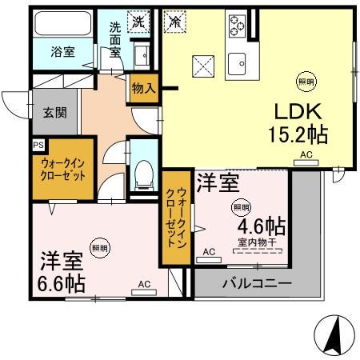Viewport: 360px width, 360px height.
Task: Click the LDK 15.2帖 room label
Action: [x=298, y=123]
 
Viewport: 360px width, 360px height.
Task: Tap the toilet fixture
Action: [x=144, y=175]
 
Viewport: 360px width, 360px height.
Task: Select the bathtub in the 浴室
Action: [x=63, y=23]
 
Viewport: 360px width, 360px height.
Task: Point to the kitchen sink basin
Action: [x=237, y=64]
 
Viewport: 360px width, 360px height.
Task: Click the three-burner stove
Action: [x=237, y=26]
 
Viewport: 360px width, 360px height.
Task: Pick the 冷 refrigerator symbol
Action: [x=175, y=21]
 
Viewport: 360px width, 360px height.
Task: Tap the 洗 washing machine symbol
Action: [x=138, y=22]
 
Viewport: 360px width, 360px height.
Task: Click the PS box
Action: [x=38, y=145]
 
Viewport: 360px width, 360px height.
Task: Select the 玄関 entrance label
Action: [x=54, y=113]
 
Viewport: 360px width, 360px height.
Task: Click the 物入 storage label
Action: [x=144, y=88]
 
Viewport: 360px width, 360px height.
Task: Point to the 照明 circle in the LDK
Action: [x=306, y=82]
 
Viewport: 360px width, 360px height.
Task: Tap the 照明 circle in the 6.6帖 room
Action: [x=100, y=248]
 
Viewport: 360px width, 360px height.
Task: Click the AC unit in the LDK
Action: [x=306, y=162]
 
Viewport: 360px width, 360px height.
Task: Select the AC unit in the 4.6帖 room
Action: [x=209, y=259]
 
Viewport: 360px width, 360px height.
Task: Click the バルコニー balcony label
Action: [x=258, y=283]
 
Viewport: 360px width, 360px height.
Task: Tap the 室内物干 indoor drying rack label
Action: [x=258, y=242]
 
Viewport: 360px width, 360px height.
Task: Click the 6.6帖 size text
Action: [x=62, y=283]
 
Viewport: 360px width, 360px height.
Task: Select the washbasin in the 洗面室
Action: [x=142, y=55]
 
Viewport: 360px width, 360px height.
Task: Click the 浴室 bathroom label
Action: [x=63, y=52]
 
